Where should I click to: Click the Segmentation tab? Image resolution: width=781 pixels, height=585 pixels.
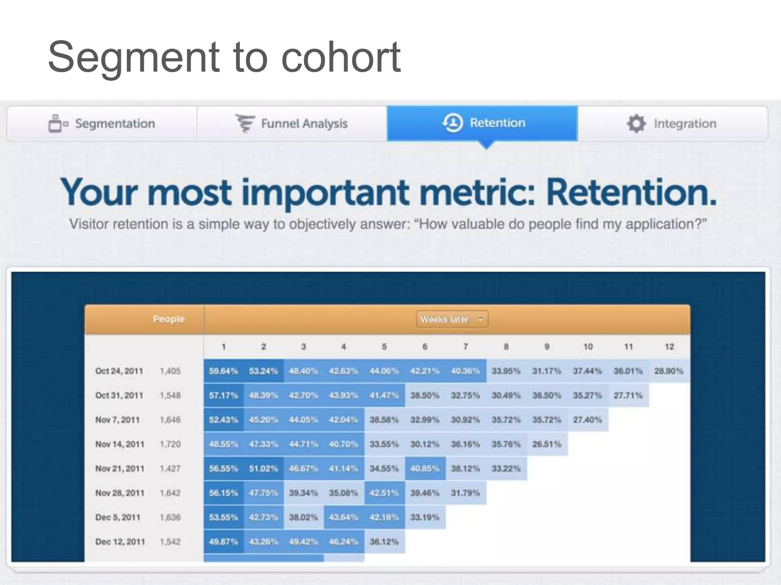[102, 124]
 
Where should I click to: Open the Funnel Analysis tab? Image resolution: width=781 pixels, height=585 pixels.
[292, 124]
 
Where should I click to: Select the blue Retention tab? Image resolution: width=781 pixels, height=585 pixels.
[482, 123]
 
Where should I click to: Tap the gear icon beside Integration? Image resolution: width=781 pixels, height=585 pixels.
[636, 124]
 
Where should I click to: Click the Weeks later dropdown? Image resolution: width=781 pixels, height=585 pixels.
[452, 319]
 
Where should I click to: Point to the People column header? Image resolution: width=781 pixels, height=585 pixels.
[169, 319]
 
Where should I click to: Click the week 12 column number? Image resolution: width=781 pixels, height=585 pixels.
[669, 347]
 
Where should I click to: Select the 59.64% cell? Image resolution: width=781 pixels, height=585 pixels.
[223, 371]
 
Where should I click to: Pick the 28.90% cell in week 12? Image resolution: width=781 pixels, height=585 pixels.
[669, 371]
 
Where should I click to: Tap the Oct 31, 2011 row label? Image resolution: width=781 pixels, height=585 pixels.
[119, 395]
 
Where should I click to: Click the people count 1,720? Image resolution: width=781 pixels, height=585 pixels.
[170, 444]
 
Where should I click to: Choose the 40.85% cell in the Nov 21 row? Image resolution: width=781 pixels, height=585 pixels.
[424, 468]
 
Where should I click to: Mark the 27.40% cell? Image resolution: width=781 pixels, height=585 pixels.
[587, 420]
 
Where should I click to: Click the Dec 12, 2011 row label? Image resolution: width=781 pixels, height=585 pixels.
[120, 542]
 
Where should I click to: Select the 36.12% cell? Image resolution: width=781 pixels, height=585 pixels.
[384, 542]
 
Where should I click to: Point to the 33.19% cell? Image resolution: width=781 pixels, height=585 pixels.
[424, 517]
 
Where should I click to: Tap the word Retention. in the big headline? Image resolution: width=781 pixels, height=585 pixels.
[631, 192]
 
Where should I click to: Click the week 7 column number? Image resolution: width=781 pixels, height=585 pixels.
[465, 347]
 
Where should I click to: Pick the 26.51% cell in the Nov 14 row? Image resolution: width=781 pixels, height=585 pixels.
[547, 444]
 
